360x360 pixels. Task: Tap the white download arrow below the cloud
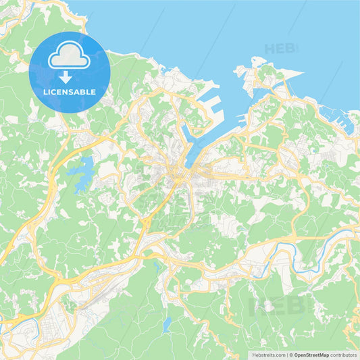tap(70, 78)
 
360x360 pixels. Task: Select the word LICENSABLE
tap(70, 91)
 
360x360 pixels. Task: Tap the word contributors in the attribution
tap(342, 355)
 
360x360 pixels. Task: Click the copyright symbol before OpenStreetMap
tap(290, 355)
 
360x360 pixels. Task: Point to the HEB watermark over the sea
tap(279, 49)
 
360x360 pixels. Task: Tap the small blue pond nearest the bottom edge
tap(167, 325)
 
